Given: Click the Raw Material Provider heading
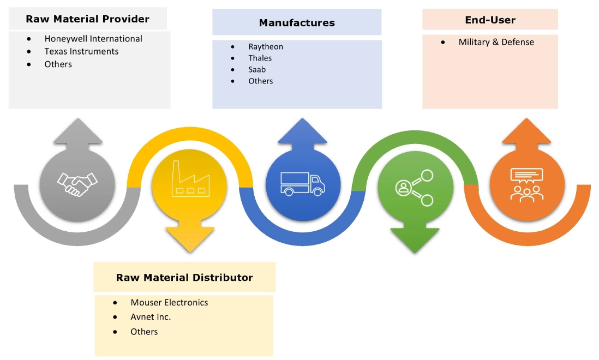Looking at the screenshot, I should pyautogui.click(x=87, y=19).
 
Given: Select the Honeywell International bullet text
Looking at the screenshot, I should pyautogui.click(x=93, y=39).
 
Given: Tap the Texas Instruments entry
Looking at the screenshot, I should pyautogui.click(x=81, y=51).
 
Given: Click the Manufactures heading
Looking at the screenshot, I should pyautogui.click(x=297, y=23).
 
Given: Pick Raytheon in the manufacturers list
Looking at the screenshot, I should pyautogui.click(x=266, y=46).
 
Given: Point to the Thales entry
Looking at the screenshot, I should pyautogui.click(x=260, y=58).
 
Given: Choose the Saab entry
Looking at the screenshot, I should pyautogui.click(x=257, y=69).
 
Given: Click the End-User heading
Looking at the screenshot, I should pyautogui.click(x=490, y=20).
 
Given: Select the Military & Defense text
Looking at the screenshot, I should pyautogui.click(x=496, y=42).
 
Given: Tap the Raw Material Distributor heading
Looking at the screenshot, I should pyautogui.click(x=184, y=278).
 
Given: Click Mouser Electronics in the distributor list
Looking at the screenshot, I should pyautogui.click(x=169, y=302).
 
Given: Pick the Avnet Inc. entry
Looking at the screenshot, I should pyautogui.click(x=151, y=317).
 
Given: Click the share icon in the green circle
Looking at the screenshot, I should pyautogui.click(x=414, y=187).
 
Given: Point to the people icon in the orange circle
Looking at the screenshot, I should pyautogui.click(x=527, y=184).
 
